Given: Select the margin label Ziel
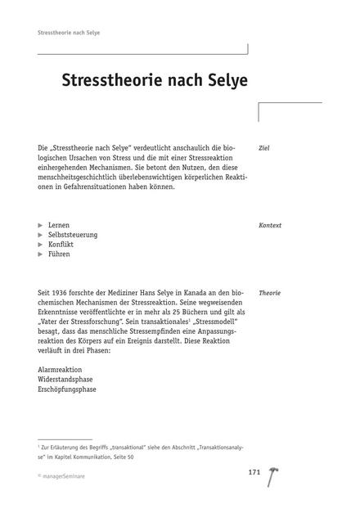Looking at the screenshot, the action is point(263,148).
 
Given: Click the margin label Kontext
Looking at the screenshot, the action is point(269,224).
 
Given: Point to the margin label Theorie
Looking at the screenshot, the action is point(269,292).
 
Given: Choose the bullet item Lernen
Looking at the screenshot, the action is point(59,224).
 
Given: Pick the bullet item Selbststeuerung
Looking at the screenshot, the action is point(73,234).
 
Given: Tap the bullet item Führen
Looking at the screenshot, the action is point(60,254).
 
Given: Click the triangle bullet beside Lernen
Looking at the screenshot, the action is point(41,224).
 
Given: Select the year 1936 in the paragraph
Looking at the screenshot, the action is point(61,292).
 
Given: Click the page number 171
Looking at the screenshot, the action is point(255,474).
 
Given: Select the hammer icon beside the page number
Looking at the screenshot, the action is point(270,478).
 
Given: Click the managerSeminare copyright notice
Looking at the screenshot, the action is point(67,475).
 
